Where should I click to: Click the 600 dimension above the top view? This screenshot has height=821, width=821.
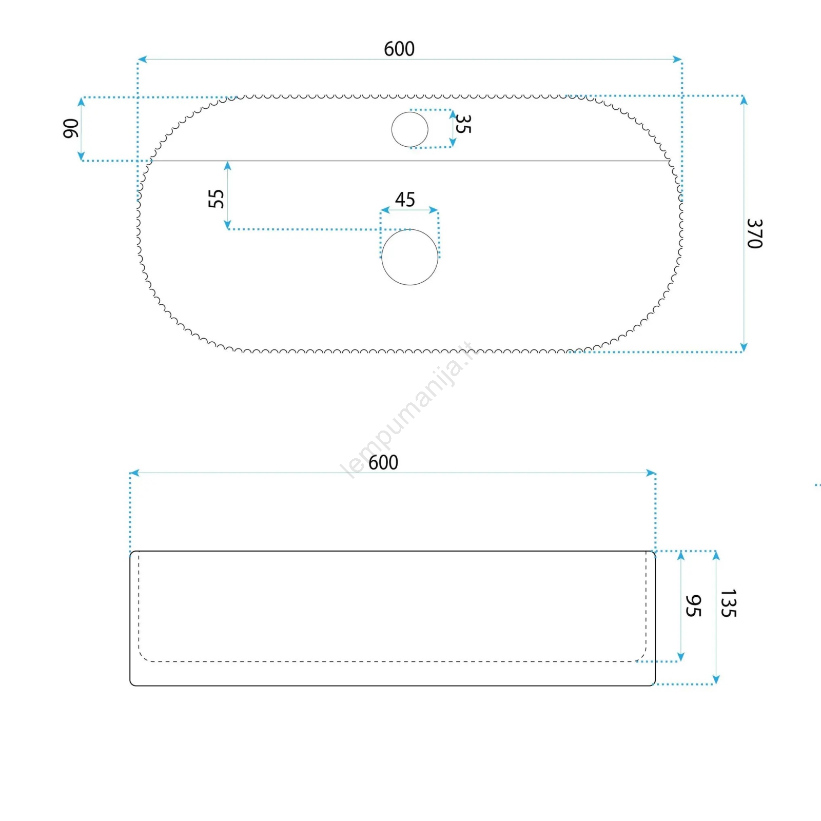399,49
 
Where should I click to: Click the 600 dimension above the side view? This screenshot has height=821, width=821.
383,463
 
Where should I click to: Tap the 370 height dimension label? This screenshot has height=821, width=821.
754,233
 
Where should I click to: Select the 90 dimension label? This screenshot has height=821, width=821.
71,128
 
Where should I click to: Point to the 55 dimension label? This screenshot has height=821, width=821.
216,199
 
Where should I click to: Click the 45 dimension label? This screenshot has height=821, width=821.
405,200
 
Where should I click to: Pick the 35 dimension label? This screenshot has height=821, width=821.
463,124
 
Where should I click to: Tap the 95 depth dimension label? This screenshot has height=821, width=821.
693,606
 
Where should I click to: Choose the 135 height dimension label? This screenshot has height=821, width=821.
729,603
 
